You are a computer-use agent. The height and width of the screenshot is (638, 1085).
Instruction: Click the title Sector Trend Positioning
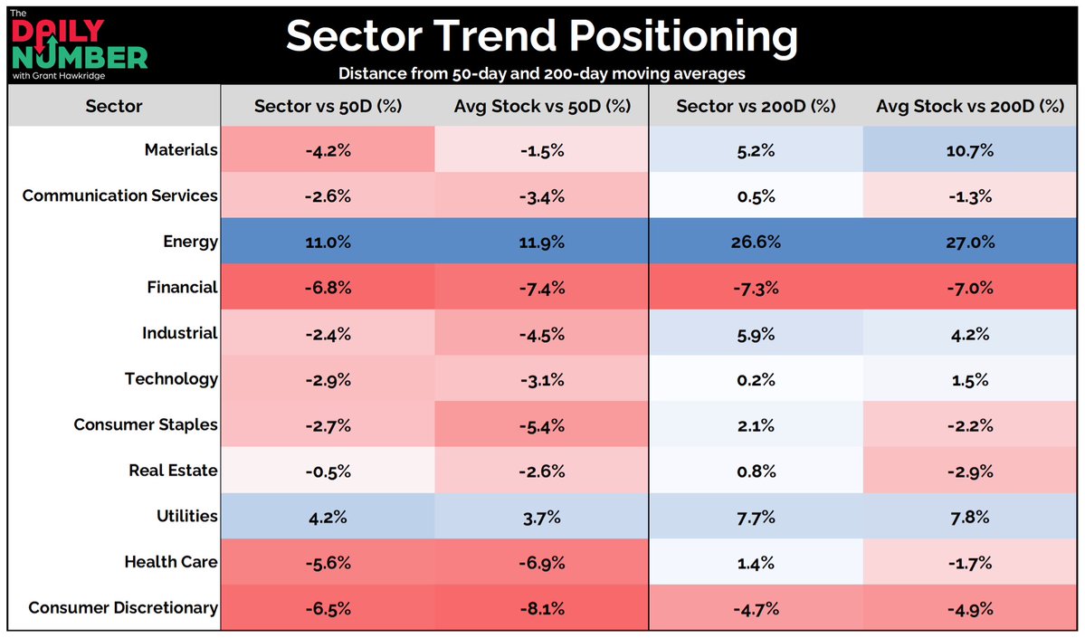pos(542,37)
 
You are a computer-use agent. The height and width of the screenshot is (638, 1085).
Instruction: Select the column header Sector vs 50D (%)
pos(327,106)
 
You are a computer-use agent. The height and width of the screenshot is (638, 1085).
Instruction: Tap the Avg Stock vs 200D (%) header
pos(970,106)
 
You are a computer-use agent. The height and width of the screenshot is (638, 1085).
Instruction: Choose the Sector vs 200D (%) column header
pos(756,106)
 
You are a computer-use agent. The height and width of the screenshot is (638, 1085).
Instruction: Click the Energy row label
pos(191,242)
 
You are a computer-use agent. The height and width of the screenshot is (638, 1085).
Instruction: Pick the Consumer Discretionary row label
pos(123,607)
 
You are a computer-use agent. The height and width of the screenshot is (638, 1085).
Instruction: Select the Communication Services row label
pos(120,195)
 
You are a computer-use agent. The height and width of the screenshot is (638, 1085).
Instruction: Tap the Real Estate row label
pos(173,470)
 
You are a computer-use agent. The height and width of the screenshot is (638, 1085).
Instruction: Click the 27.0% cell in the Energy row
pos(970,242)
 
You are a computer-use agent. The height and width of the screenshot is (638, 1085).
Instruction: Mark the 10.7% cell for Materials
pos(970,150)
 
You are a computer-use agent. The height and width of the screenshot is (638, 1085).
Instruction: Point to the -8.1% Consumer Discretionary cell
pos(541,607)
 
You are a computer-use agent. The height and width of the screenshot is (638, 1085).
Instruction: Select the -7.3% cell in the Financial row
pos(756,287)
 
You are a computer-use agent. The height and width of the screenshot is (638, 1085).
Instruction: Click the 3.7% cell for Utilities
pos(541,516)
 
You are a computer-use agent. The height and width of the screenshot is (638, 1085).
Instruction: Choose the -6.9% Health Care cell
pos(541,562)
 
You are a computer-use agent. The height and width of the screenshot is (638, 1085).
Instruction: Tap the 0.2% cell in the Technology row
pos(756,378)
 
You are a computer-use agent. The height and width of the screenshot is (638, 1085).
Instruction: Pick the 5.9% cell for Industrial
pos(756,333)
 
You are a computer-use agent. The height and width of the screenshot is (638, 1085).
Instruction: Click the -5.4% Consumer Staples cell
pos(541,424)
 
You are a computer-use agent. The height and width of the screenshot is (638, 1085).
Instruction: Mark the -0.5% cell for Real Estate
pos(327,470)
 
